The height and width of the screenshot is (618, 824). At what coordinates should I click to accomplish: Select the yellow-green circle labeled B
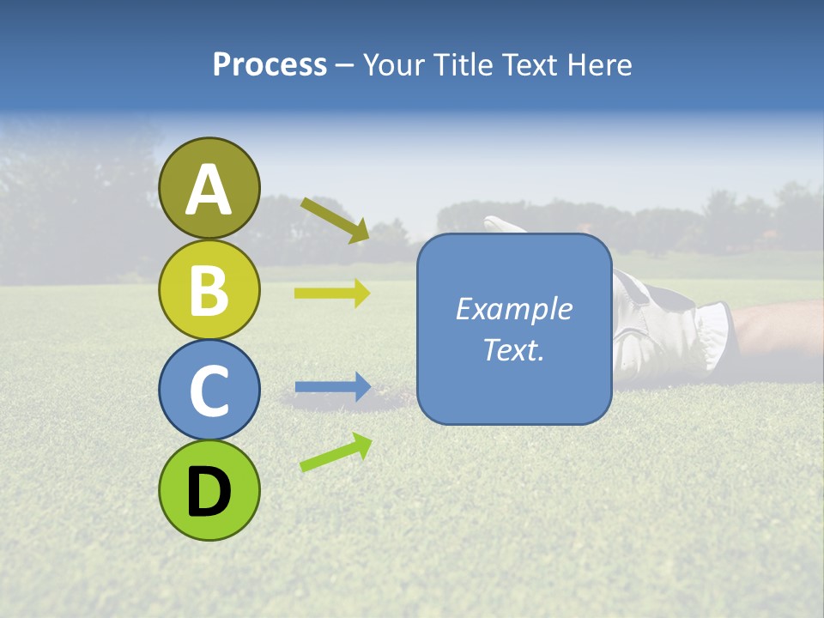(x=209, y=289)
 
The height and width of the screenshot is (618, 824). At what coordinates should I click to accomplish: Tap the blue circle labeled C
(x=209, y=391)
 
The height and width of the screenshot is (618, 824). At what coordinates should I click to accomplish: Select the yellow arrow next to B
(x=332, y=293)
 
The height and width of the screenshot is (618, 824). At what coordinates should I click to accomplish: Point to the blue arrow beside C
(x=332, y=387)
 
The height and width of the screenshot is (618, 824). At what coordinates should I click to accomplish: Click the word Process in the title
(x=270, y=65)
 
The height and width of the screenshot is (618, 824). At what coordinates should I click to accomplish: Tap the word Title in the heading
(x=461, y=65)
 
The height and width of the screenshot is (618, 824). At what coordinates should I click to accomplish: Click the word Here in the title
(x=601, y=65)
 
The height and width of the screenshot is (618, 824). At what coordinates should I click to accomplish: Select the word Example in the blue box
(x=513, y=309)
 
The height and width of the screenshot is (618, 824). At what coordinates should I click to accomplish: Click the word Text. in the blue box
(x=513, y=349)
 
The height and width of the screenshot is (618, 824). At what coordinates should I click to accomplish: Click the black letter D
(x=209, y=492)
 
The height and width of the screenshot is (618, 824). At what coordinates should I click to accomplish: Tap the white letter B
(x=209, y=290)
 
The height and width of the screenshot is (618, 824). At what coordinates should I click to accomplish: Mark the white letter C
(x=209, y=391)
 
